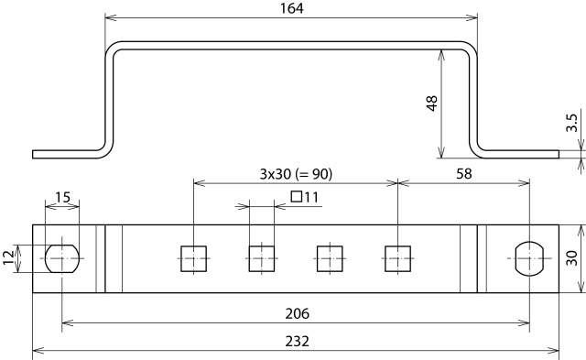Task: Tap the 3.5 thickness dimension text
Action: tap(571, 124)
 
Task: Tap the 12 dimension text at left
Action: tap(9, 259)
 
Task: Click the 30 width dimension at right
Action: tap(572, 259)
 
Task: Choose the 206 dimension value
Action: tap(295, 313)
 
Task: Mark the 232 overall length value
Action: tap(295, 341)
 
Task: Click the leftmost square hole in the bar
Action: tap(194, 259)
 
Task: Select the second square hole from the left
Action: tap(262, 259)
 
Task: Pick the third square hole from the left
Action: tap(330, 259)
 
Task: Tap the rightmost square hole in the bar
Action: tap(397, 259)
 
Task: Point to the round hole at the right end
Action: tap(530, 259)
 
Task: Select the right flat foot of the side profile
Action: tap(517, 154)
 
